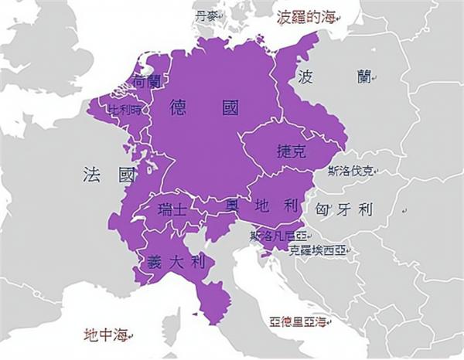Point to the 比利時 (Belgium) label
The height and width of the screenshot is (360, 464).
(125, 109)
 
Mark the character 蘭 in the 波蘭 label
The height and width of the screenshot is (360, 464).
(363, 76)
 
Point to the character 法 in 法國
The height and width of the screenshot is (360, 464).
(92, 175)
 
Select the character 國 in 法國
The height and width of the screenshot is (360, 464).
(126, 175)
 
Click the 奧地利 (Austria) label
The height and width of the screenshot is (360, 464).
(262, 205)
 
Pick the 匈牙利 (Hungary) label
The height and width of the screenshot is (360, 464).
(344, 210)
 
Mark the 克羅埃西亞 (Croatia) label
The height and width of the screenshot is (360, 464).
(319, 250)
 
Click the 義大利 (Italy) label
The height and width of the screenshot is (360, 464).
(175, 261)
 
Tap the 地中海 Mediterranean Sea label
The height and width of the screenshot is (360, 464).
(106, 335)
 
